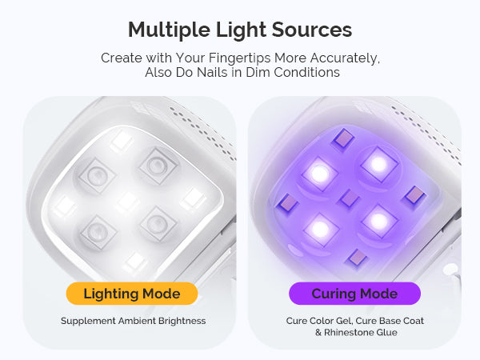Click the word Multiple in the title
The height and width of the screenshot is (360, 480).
tap(169, 30)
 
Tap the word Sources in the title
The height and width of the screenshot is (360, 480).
tap(312, 30)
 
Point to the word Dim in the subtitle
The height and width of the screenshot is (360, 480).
tap(258, 73)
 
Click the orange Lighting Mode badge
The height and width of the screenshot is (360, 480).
tap(132, 294)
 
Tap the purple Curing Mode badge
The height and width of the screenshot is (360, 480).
tap(354, 294)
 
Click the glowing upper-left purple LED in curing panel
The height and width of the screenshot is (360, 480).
tap(319, 174)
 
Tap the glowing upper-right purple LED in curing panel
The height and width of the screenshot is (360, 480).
tap(379, 165)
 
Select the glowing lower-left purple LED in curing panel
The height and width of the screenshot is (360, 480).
tap(321, 228)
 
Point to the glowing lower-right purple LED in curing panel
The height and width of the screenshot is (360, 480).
tap(379, 221)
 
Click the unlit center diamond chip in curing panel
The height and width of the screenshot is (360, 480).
tap(350, 198)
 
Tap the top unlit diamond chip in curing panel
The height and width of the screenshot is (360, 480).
tap(343, 138)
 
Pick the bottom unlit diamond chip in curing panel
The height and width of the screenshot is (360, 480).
tap(356, 258)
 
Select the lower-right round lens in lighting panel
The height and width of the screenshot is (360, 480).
tap(158, 223)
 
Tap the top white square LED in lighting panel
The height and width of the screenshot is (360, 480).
tap(122, 141)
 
